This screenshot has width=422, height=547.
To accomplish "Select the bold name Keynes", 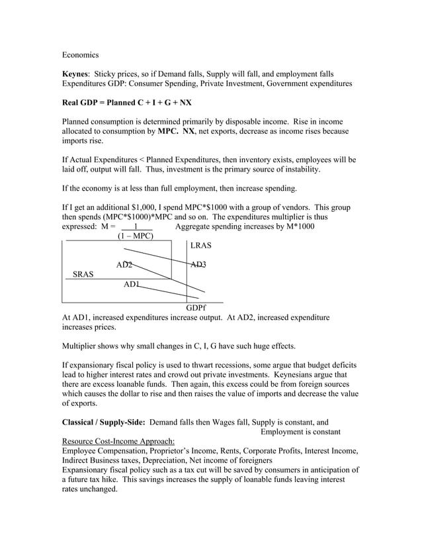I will pos(75,74).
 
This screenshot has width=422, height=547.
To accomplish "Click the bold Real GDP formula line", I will pos(127,103).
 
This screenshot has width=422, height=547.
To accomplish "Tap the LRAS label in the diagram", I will pos(200,246).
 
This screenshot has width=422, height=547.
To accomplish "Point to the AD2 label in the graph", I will pos(124,265).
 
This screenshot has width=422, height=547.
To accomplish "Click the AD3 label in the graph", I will pos(198,265).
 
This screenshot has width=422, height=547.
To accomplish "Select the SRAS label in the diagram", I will pos(83,274).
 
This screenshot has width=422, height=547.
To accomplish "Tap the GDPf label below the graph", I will pos(196,308).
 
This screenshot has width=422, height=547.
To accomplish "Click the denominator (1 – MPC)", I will pos(135,236).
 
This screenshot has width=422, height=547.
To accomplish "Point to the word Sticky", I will pos(106,74).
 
